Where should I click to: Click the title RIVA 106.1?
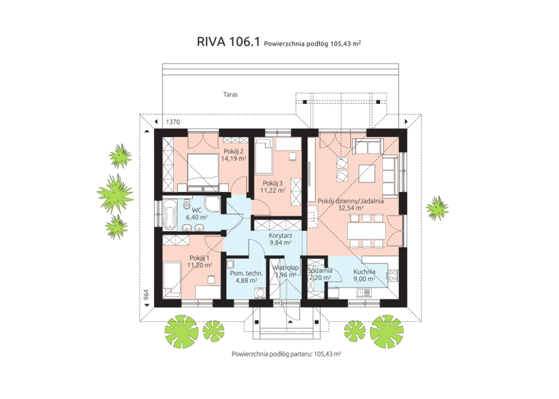click(x=228, y=42)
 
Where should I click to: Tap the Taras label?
click(x=230, y=95)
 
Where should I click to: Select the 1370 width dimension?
click(x=171, y=122)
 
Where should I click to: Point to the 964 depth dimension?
click(x=145, y=295)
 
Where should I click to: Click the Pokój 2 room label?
click(x=233, y=151)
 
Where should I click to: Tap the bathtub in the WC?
click(x=170, y=214)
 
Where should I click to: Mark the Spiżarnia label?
click(x=320, y=270)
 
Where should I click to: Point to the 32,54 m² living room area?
click(x=350, y=208)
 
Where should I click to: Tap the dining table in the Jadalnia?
click(x=366, y=230)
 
